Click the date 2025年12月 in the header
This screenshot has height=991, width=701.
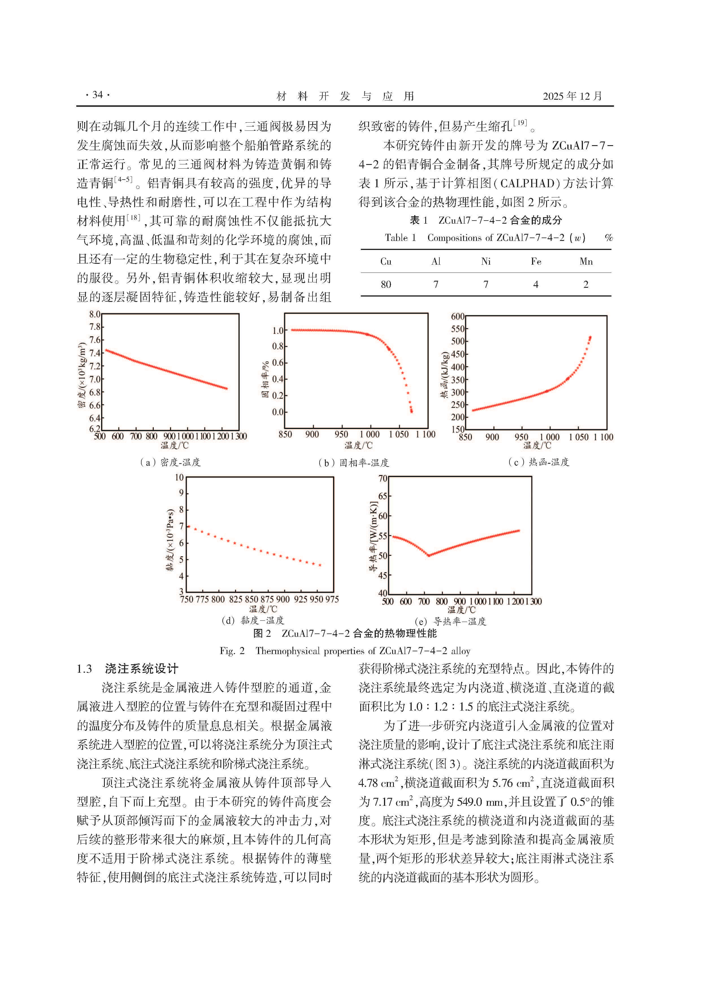(x=572, y=96)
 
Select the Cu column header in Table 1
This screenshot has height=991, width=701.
(x=386, y=261)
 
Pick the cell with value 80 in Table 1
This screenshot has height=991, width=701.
(x=386, y=284)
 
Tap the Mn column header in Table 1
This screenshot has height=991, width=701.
(x=586, y=261)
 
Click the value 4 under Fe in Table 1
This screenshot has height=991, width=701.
(x=536, y=284)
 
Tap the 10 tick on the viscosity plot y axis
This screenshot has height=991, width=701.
(x=179, y=477)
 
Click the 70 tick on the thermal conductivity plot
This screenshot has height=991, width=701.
(x=383, y=478)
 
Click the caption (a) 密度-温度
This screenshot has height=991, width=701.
(x=170, y=462)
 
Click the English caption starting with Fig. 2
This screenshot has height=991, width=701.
(x=345, y=651)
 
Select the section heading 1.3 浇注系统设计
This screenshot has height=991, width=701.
(x=127, y=669)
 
